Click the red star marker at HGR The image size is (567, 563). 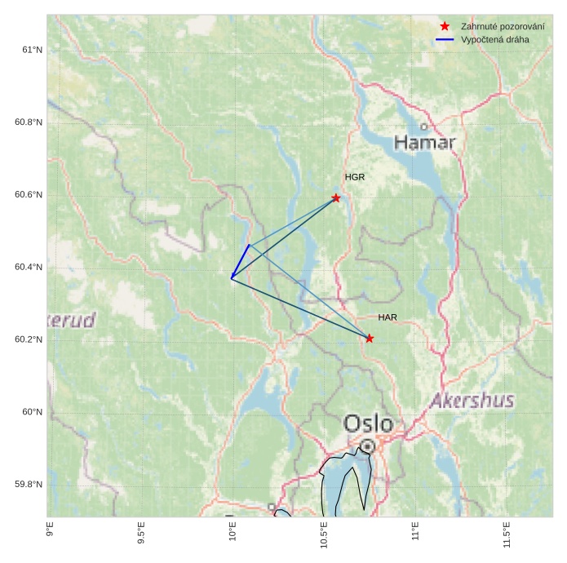pyautogui.click(x=336, y=198)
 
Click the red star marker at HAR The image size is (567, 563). pyautogui.click(x=370, y=339)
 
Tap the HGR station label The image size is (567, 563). pyautogui.click(x=354, y=177)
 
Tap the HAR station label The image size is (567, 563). pyautogui.click(x=388, y=317)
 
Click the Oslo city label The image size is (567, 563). pyautogui.click(x=368, y=424)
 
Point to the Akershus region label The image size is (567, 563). pyautogui.click(x=472, y=401)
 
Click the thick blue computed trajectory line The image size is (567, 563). pyautogui.click(x=241, y=261)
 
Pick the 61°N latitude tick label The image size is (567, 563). pyautogui.click(x=32, y=50)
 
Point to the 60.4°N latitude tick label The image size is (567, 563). pyautogui.click(x=29, y=268)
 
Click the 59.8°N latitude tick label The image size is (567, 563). pyautogui.click(x=29, y=485)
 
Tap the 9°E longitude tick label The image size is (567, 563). pyautogui.click(x=50, y=530)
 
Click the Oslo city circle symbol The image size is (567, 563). pyautogui.click(x=368, y=446)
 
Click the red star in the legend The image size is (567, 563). pyautogui.click(x=445, y=26)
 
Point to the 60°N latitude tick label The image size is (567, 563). pyautogui.click(x=32, y=412)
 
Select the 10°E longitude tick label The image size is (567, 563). pyautogui.click(x=233, y=531)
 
